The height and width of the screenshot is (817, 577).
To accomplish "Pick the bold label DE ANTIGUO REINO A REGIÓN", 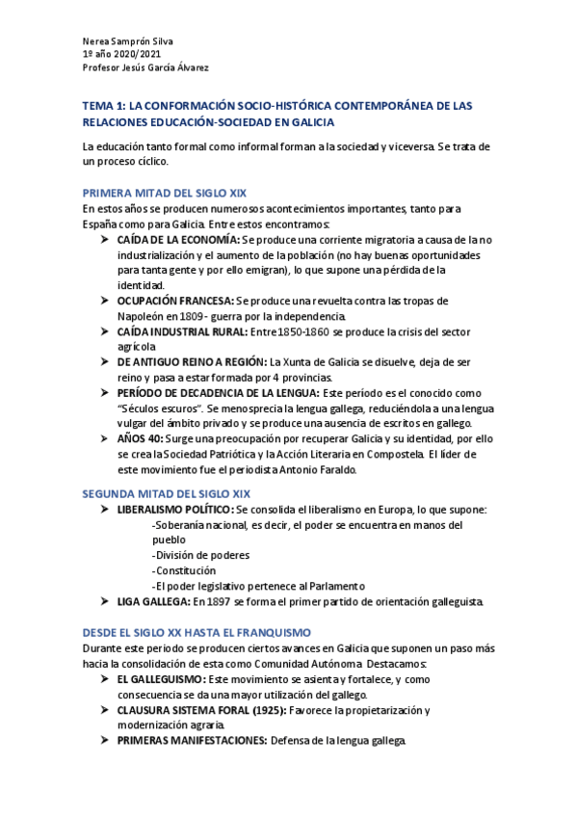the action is click(x=193, y=361).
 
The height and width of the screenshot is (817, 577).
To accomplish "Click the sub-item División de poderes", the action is click(x=201, y=555).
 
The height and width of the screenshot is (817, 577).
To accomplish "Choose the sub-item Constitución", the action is click(x=188, y=570).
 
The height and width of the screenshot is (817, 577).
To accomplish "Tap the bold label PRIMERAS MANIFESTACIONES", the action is click(x=193, y=741).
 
